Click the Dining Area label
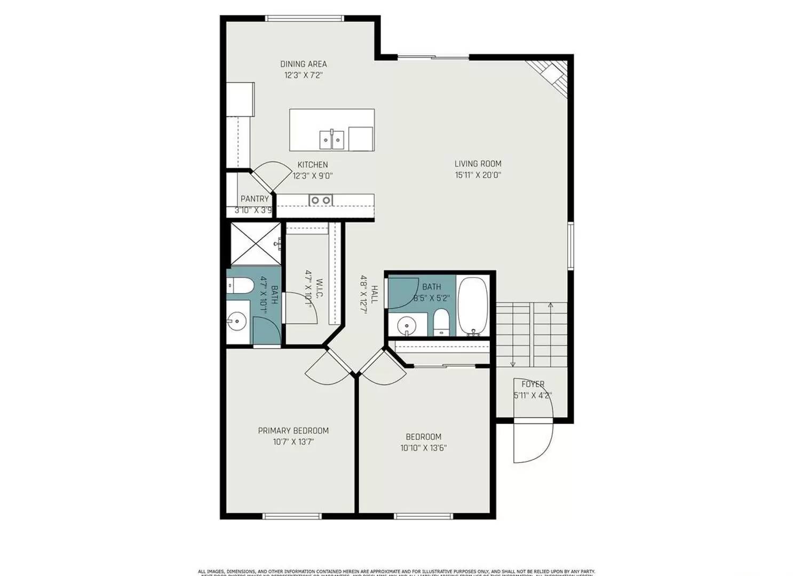pyautogui.click(x=303, y=64)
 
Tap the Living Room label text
pyautogui.click(x=478, y=164)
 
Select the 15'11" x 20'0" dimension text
pyautogui.click(x=478, y=175)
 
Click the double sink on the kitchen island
pyautogui.click(x=332, y=139)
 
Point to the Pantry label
pyautogui.click(x=255, y=199)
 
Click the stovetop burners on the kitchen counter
pyautogui.click(x=320, y=200)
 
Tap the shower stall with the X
pyautogui.click(x=255, y=244)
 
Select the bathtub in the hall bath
pyautogui.click(x=473, y=307)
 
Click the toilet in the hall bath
pyautogui.click(x=441, y=323)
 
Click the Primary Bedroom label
pyautogui.click(x=293, y=430)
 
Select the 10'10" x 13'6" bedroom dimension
pyautogui.click(x=423, y=448)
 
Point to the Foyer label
pyautogui.click(x=533, y=384)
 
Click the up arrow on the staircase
pyautogui.click(x=550, y=306)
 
